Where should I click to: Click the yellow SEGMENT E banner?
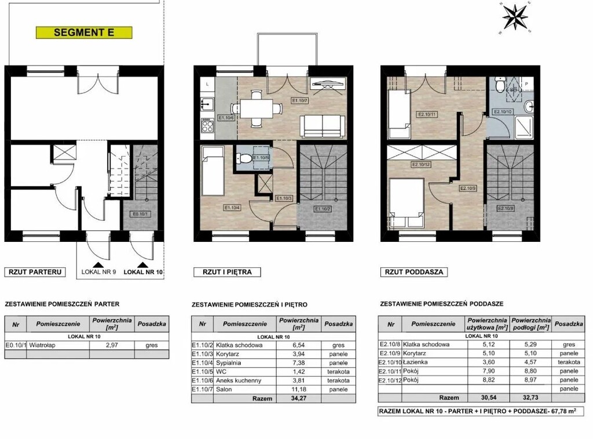tap(83, 32)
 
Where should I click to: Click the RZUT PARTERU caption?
tap(34, 271)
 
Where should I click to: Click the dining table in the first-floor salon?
tap(255, 108)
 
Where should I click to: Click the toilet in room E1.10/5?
tap(245, 158)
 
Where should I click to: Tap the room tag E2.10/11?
tap(427, 114)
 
